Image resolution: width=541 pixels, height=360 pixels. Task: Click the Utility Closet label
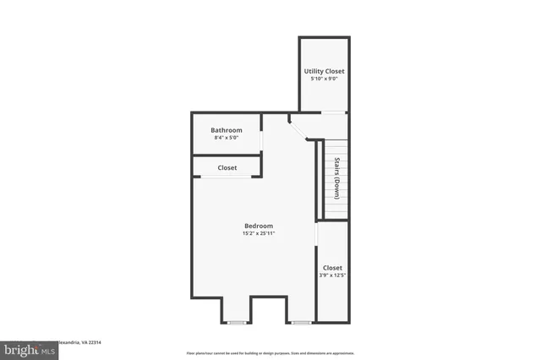pyautogui.click(x=325, y=71)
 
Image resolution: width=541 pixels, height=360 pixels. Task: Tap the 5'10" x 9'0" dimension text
pyautogui.click(x=325, y=79)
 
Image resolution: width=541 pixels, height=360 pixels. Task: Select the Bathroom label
pyautogui.click(x=227, y=130)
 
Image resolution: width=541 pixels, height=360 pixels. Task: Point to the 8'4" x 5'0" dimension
pyautogui.click(x=227, y=138)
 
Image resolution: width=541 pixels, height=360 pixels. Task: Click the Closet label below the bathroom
pyautogui.click(x=227, y=168)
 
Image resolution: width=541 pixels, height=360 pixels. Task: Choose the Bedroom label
pyautogui.click(x=259, y=226)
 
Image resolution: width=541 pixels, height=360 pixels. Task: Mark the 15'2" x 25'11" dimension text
pyautogui.click(x=259, y=233)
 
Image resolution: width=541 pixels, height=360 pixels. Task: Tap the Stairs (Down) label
pyautogui.click(x=337, y=177)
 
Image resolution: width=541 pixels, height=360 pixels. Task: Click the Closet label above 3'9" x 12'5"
pyautogui.click(x=332, y=268)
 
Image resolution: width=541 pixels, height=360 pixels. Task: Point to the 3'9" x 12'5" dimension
pyautogui.click(x=332, y=275)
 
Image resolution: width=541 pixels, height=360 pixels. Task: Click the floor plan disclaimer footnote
pyautogui.click(x=270, y=352)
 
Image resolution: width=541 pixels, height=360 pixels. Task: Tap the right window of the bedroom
pyautogui.click(x=301, y=322)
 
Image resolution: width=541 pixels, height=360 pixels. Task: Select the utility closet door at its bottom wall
pyautogui.click(x=334, y=112)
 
